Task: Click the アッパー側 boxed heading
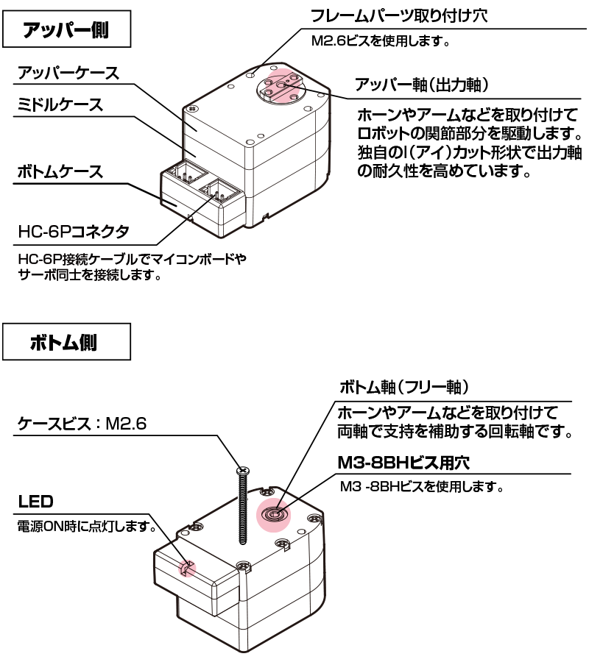67,30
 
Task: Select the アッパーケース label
68,74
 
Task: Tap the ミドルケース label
60,105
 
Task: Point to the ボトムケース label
60,173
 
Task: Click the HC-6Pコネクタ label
73,232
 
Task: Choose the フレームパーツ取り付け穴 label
398,15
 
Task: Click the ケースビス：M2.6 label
82,424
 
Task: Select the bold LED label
34,502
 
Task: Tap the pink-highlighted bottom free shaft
273,514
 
